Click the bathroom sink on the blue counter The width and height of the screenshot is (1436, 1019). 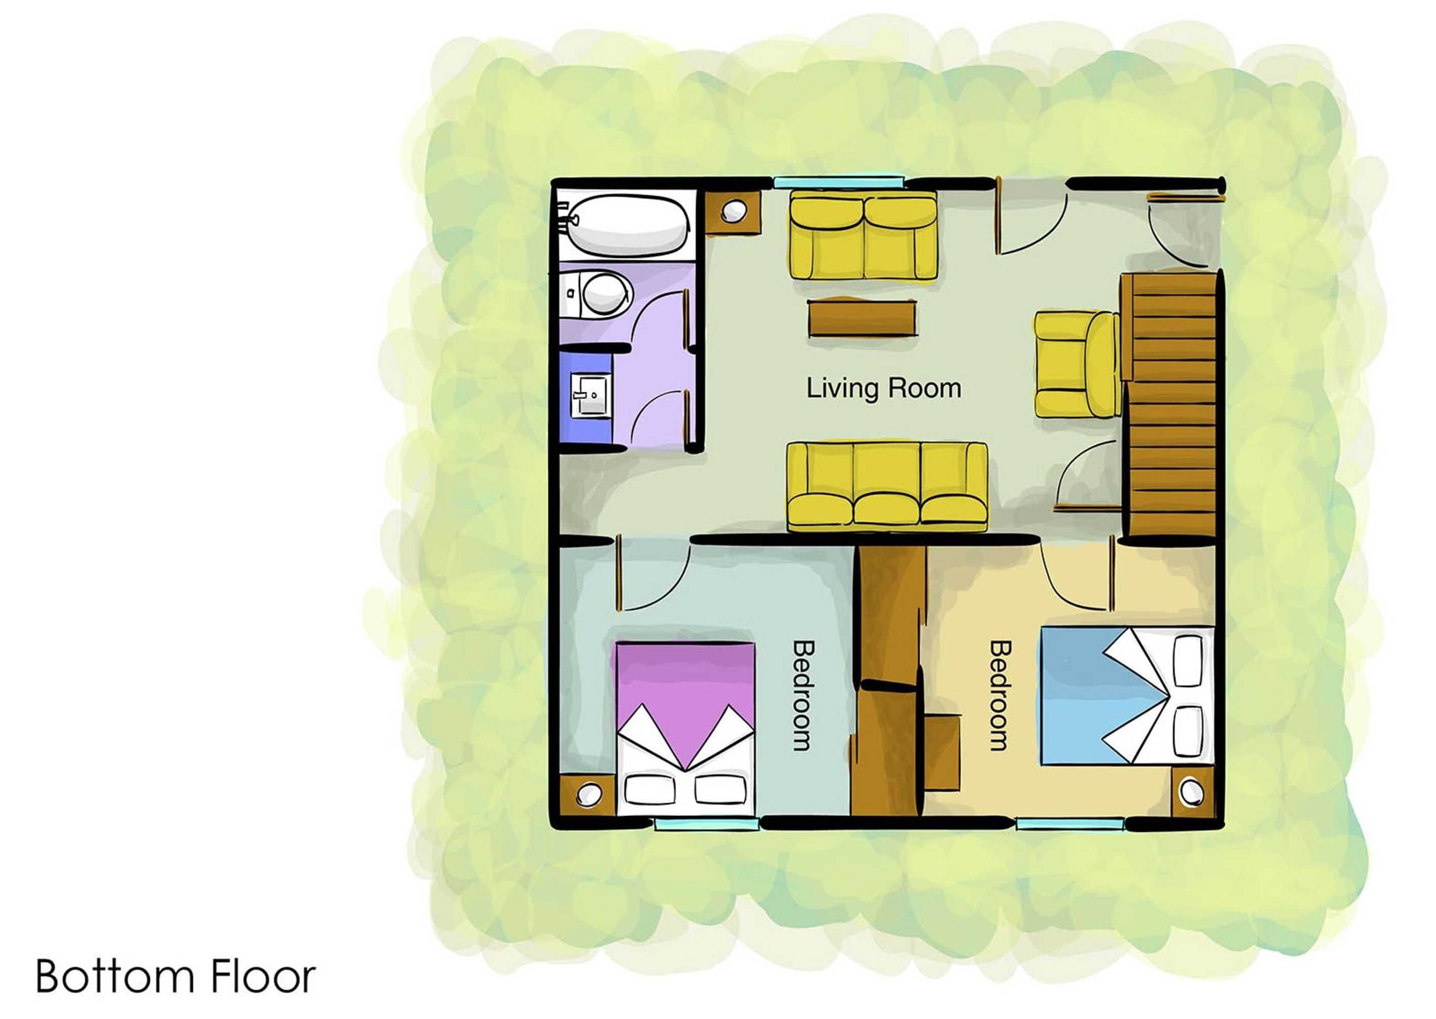click(589, 396)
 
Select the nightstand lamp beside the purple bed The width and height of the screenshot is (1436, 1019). click(587, 794)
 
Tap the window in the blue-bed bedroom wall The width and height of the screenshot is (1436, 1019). click(1071, 823)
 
